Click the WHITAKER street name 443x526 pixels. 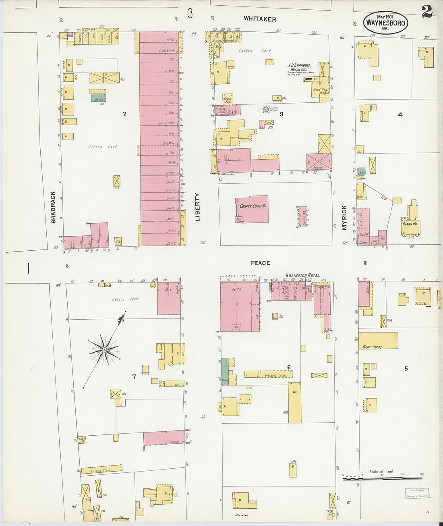pyautogui.click(x=260, y=19)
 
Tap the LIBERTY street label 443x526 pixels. pyautogui.click(x=197, y=207)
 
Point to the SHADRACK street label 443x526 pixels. pyautogui.click(x=53, y=207)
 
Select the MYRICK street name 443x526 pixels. pyautogui.click(x=344, y=218)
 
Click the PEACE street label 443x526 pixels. pyautogui.click(x=260, y=263)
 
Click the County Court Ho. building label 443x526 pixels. pyautogui.click(x=253, y=206)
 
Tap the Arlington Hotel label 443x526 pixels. pyautogui.click(x=302, y=275)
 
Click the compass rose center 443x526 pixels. pyautogui.click(x=104, y=349)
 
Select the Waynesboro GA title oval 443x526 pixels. pyautogui.click(x=385, y=23)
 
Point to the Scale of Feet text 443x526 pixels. pyautogui.click(x=381, y=471)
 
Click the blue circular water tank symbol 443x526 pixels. pyautogui.click(x=266, y=109)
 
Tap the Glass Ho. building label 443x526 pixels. pyautogui.click(x=410, y=223)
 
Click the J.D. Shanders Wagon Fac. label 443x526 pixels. pyautogui.click(x=298, y=67)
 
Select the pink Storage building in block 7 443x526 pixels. pyautogui.click(x=164, y=439)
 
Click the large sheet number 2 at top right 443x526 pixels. pyautogui.click(x=427, y=12)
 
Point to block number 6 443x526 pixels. pyautogui.click(x=289, y=367)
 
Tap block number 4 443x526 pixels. pyautogui.click(x=400, y=114)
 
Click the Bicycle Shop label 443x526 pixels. pyautogui.click(x=228, y=100)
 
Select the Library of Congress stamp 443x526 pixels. pyautogui.click(x=417, y=493)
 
